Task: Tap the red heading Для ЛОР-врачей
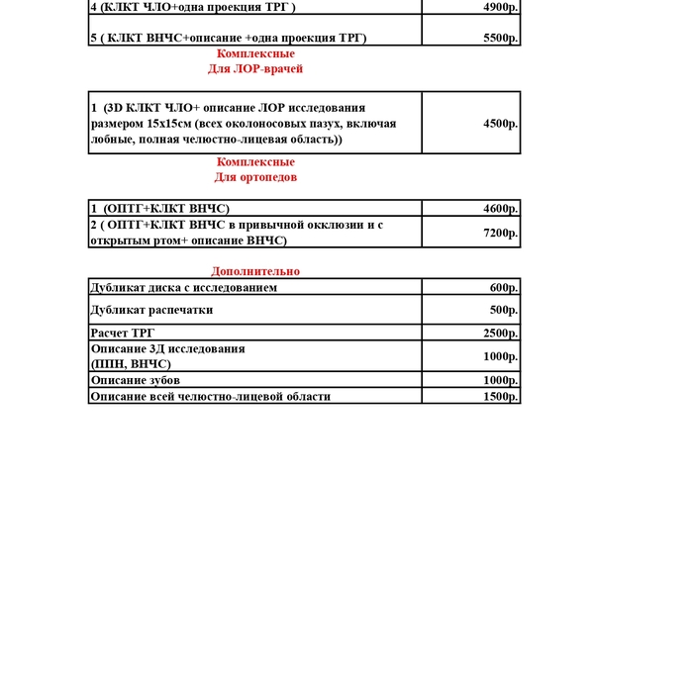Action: pyautogui.click(x=255, y=69)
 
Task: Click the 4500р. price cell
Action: pyautogui.click(x=501, y=124)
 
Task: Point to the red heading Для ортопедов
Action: pyautogui.click(x=255, y=177)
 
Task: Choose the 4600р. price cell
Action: pyautogui.click(x=501, y=209)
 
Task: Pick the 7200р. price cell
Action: pyautogui.click(x=501, y=234)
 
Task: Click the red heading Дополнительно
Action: pyautogui.click(x=255, y=271)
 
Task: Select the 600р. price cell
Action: pyautogui.click(x=504, y=288)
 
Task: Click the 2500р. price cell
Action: pyautogui.click(x=501, y=334)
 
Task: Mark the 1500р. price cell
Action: pyautogui.click(x=501, y=396)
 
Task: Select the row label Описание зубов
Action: pyautogui.click(x=135, y=381)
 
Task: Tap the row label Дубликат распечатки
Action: pyautogui.click(x=151, y=310)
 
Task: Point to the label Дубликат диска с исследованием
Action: pyautogui.click(x=183, y=288)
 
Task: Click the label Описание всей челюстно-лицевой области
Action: pyautogui.click(x=210, y=396)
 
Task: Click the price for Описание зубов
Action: pyautogui.click(x=501, y=381)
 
